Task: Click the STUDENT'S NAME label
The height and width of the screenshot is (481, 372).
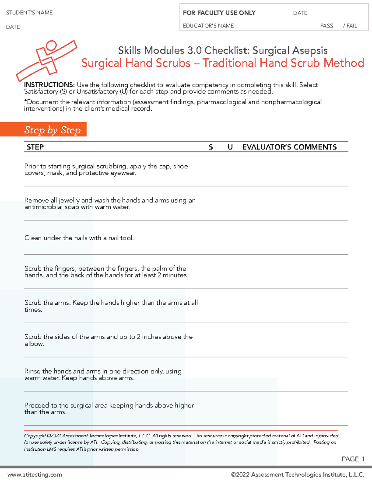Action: (29, 13)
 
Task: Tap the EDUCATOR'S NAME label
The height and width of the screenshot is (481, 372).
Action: (208, 26)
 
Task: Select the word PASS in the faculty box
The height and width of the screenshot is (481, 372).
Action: (326, 26)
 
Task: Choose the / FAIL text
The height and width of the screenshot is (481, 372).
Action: (350, 26)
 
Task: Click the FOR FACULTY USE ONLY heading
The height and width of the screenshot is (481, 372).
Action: (219, 13)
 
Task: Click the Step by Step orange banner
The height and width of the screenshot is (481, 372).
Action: (52, 130)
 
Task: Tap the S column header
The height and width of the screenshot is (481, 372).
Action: (211, 147)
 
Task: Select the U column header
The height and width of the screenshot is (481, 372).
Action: (230, 147)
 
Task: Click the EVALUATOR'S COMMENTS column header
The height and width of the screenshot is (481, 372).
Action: (289, 147)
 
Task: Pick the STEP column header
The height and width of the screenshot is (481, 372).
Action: (35, 147)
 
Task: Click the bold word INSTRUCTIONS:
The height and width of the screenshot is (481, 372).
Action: (49, 85)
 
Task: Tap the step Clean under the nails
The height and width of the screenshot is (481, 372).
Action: (79, 238)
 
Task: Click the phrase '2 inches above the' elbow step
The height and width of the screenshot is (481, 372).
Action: (165, 337)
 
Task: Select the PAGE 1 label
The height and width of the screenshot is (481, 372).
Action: (353, 459)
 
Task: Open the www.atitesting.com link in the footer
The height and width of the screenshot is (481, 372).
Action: (35, 474)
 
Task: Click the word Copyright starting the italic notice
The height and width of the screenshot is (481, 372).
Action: (35, 436)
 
